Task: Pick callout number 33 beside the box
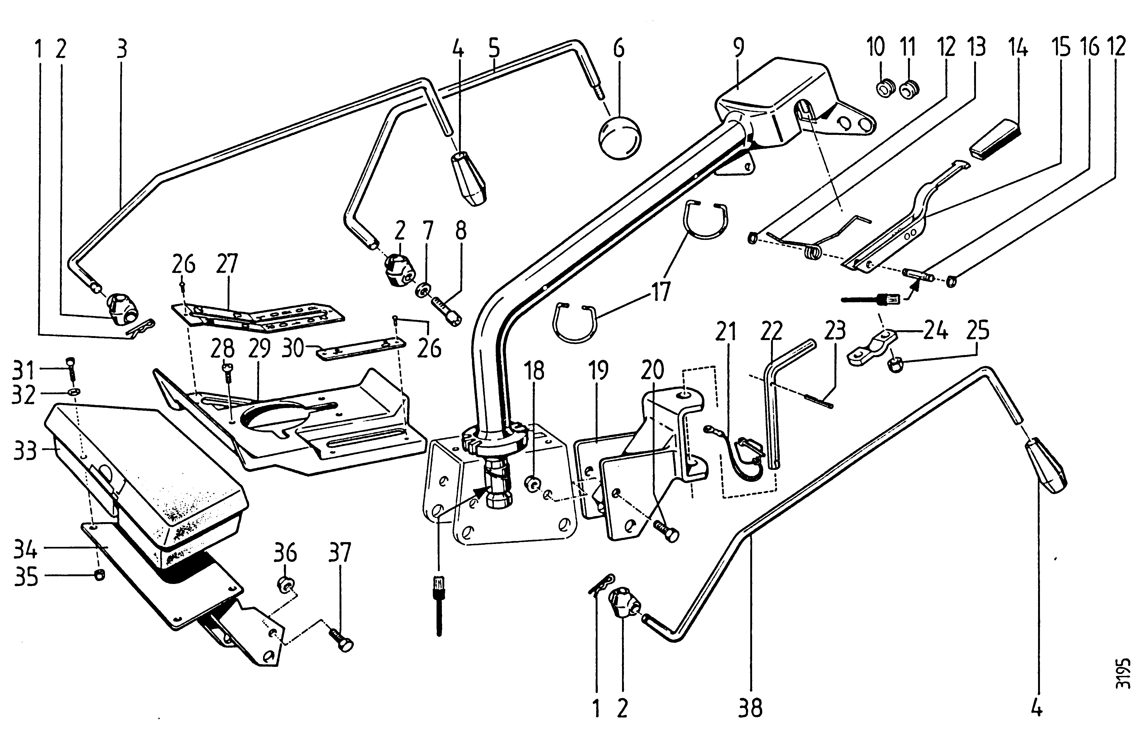[25, 450]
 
